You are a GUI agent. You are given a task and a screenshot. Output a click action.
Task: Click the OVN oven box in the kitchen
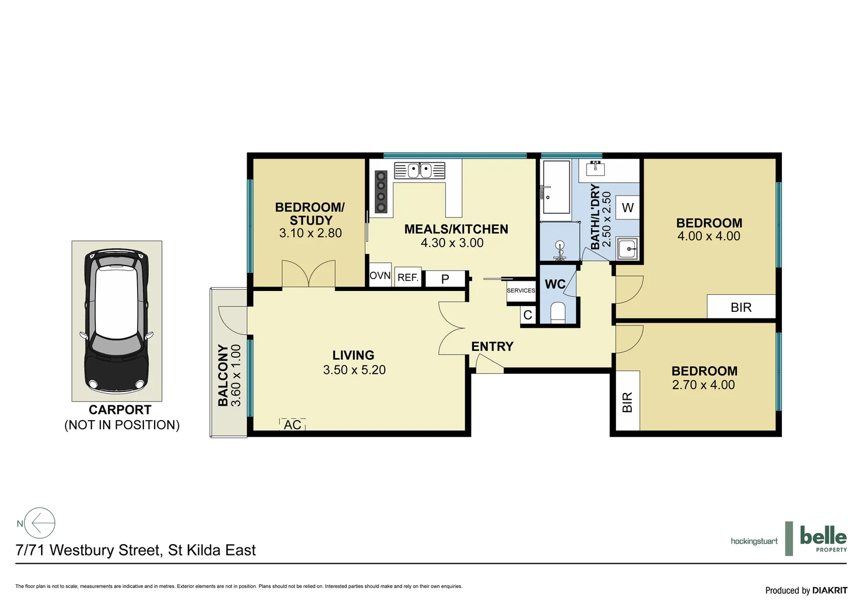pyautogui.click(x=380, y=276)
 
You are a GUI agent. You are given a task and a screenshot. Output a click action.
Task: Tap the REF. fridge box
pyautogui.click(x=408, y=277)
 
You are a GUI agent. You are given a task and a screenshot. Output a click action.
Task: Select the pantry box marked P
pyautogui.click(x=445, y=279)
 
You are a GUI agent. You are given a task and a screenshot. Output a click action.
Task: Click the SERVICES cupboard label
pyautogui.click(x=521, y=291)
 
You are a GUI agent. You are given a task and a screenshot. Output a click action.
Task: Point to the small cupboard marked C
pyautogui.click(x=528, y=315)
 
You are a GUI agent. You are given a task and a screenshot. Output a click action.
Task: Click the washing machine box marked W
pyautogui.click(x=628, y=208)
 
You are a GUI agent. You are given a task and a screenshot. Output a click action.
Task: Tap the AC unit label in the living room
pyautogui.click(x=292, y=425)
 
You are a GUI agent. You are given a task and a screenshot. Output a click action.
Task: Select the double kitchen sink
pyautogui.click(x=420, y=170)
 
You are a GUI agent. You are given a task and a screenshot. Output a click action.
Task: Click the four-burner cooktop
pyautogui.click(x=381, y=192)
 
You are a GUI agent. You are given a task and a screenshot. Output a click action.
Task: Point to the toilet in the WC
pyautogui.click(x=558, y=312)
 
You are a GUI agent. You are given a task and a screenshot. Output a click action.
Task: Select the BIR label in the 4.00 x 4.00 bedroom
pyautogui.click(x=741, y=307)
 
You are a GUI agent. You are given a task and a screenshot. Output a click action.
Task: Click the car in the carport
pyautogui.click(x=117, y=321)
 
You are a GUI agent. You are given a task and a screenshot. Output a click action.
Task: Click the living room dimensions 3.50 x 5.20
pyautogui.click(x=354, y=370)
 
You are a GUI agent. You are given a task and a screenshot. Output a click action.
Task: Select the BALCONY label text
pyautogui.click(x=223, y=375)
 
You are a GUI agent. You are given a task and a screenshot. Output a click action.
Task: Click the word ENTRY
pyautogui.click(x=492, y=347)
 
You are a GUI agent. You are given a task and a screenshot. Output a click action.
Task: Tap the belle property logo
pyautogui.click(x=823, y=539)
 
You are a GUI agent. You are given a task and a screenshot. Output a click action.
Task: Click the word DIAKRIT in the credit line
pyautogui.click(x=830, y=590)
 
